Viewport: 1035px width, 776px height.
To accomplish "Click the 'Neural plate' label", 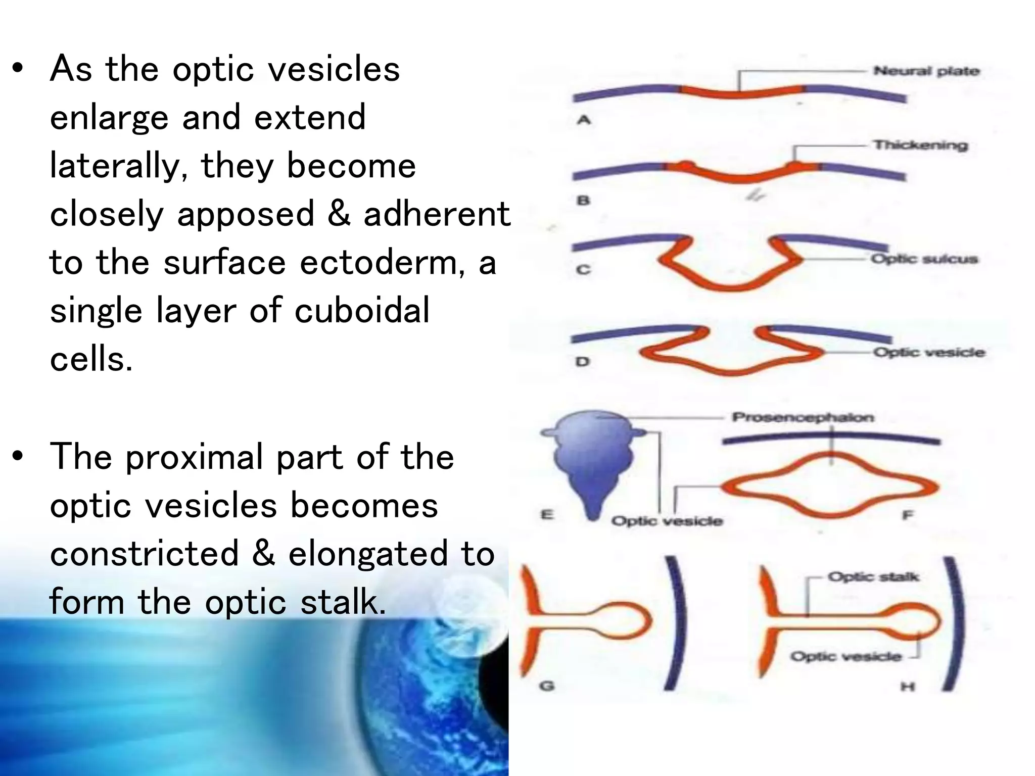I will (926, 71).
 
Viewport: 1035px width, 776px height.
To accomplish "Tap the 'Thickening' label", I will (920, 145).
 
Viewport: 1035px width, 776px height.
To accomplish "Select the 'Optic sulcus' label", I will (924, 259).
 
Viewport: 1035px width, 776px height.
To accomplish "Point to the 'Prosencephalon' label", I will (803, 417).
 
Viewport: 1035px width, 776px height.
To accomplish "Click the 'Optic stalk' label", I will (873, 577).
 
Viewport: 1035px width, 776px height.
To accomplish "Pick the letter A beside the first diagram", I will (584, 121).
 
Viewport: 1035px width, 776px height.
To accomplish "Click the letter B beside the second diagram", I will (583, 201).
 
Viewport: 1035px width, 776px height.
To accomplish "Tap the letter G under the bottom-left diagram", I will (547, 686).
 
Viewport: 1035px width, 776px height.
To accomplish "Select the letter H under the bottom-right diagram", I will (908, 687).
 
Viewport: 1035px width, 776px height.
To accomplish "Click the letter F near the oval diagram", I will (908, 515).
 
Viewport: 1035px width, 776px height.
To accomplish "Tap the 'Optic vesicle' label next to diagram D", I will (929, 352).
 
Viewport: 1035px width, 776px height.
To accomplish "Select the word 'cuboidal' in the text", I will (362, 311).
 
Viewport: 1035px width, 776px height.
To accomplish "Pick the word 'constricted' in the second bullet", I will (145, 553).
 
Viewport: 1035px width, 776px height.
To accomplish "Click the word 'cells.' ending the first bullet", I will (91, 359).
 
